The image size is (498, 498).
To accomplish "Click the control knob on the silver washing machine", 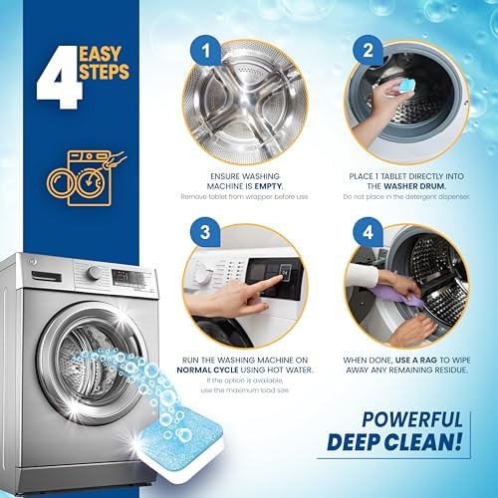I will coord(94,272).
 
